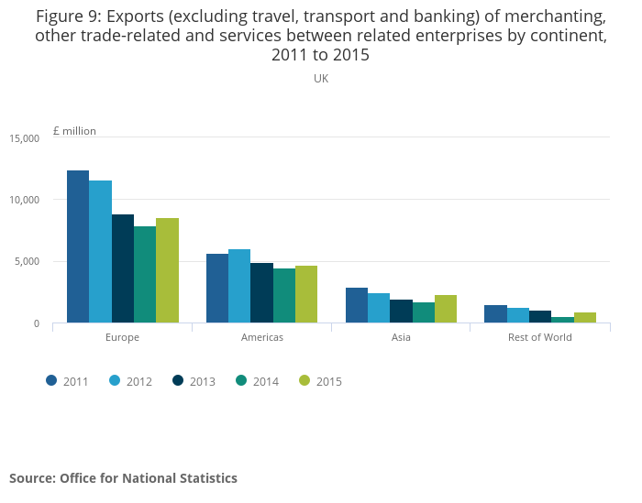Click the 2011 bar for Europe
tap(77, 246)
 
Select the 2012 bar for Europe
tap(100, 252)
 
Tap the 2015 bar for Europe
tap(167, 270)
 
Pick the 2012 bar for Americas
tap(239, 286)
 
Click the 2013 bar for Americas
tap(261, 293)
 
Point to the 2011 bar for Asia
tap(357, 305)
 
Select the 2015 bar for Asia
tap(446, 309)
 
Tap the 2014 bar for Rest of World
tap(562, 320)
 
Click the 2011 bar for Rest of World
tap(495, 314)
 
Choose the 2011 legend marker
tap(52, 381)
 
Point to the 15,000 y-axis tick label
tap(24, 138)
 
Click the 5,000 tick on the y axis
tap(27, 262)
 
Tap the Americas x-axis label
tap(261, 337)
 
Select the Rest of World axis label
tap(539, 337)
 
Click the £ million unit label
tap(74, 131)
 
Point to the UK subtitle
tap(321, 79)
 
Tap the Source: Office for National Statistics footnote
tap(123, 478)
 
